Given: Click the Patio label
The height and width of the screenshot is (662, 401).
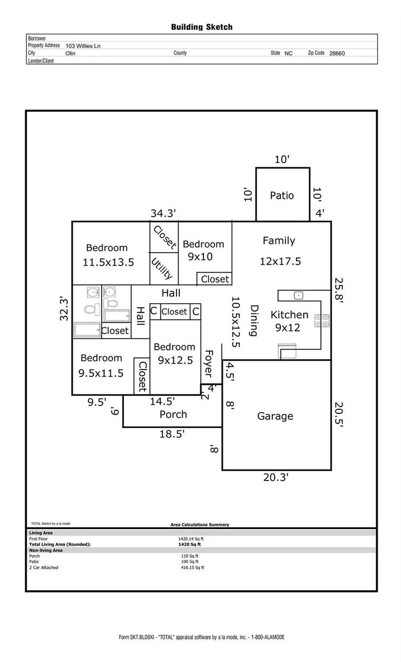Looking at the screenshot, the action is (282, 195).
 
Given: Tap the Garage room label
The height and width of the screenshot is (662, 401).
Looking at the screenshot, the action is (275, 416).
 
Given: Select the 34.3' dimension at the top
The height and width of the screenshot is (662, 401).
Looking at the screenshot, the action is (163, 213).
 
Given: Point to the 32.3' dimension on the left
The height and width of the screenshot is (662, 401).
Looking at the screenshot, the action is (64, 309).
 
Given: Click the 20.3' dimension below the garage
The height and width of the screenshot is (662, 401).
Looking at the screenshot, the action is (276, 478).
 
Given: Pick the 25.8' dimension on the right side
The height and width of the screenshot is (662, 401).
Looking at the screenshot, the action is (339, 290).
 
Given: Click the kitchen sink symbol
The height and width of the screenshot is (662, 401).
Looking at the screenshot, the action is (298, 295).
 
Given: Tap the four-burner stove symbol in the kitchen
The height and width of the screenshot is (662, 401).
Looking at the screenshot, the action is (322, 321).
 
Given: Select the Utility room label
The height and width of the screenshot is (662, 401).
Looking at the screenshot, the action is (162, 268).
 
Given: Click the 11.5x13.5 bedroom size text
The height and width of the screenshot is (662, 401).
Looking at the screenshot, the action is (108, 262).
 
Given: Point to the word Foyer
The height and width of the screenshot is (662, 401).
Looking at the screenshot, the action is (209, 364).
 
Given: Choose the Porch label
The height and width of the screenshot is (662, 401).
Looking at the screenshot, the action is (173, 414).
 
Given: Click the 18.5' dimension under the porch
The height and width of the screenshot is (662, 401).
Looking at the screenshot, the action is (172, 434).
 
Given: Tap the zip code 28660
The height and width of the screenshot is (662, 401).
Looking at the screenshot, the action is (337, 54).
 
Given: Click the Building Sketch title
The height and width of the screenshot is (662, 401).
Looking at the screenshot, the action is (202, 27).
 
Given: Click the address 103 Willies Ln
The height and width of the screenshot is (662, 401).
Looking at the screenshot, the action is (83, 46).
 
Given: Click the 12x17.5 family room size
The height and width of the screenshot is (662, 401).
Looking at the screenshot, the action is (280, 261).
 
